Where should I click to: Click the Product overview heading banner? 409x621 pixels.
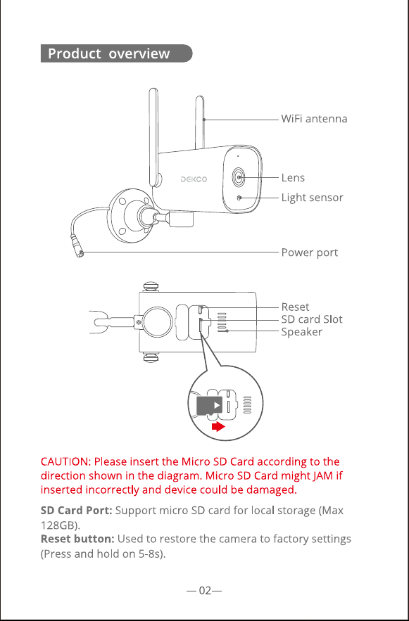pyautogui.click(x=117, y=53)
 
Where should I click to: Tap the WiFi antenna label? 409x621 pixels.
pyautogui.click(x=314, y=119)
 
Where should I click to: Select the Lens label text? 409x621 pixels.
pyautogui.click(x=293, y=178)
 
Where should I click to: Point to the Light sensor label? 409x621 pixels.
pyautogui.click(x=313, y=198)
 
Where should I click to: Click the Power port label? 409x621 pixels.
pyautogui.click(x=310, y=252)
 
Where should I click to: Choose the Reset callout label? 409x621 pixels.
pyautogui.click(x=295, y=307)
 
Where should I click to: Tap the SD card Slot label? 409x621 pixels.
pyautogui.click(x=312, y=319)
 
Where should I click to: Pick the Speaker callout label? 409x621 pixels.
pyautogui.click(x=301, y=332)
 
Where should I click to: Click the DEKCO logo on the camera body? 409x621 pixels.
pyautogui.click(x=194, y=179)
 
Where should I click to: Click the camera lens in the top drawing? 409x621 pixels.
pyautogui.click(x=239, y=177)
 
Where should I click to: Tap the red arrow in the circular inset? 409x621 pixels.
pyautogui.click(x=218, y=426)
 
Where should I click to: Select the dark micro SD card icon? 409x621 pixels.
pyautogui.click(x=210, y=405)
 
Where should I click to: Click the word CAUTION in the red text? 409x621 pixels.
pyautogui.click(x=65, y=462)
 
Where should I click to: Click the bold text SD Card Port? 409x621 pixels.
pyautogui.click(x=77, y=511)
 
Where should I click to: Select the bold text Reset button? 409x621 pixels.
pyautogui.click(x=77, y=539)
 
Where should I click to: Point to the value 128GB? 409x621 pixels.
pyautogui.click(x=58, y=525)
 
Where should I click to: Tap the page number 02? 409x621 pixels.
pyautogui.click(x=204, y=591)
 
